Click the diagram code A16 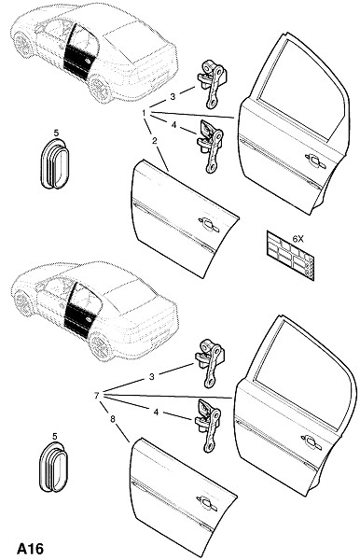click(x=30, y=548)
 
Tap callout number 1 click(x=145, y=113)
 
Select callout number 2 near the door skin click(x=155, y=140)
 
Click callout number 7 click(x=96, y=396)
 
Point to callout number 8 click(x=113, y=419)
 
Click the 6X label click(x=298, y=239)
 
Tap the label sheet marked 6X click(x=290, y=256)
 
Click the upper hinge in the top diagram click(x=212, y=84)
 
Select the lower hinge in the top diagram click(x=211, y=145)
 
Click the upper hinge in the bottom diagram click(x=210, y=362)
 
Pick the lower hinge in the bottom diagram click(x=208, y=426)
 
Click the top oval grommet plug click(x=53, y=164)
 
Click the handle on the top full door click(x=315, y=161)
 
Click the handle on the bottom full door click(x=312, y=442)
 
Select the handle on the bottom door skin click(x=207, y=502)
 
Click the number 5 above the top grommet click(x=56, y=133)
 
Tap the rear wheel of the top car click(x=100, y=89)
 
